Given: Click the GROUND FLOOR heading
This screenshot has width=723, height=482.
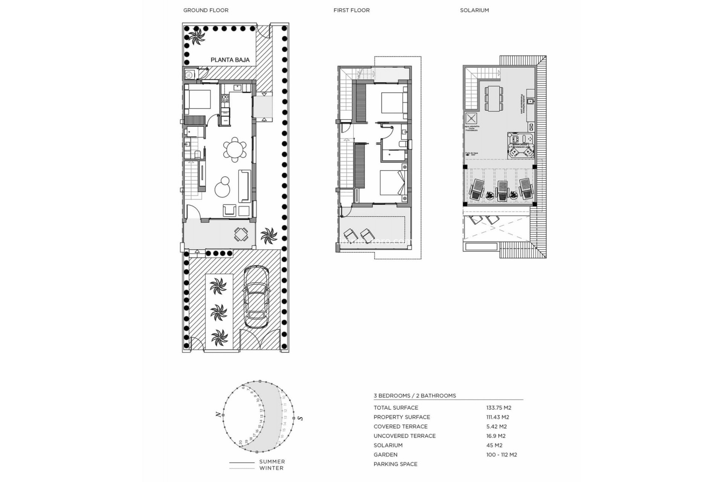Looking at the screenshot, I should coord(206,10).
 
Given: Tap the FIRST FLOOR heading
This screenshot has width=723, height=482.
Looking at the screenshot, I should coord(351,10).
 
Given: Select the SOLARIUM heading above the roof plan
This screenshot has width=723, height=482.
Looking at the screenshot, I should coord(474,10).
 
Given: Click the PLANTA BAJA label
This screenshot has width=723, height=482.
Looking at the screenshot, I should coord(230,60).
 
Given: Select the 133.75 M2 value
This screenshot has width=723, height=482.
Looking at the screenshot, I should coord(499,408).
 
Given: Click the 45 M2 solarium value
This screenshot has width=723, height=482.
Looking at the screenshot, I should coord(494,445).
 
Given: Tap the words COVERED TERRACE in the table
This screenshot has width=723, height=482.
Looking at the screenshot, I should coord(400,427).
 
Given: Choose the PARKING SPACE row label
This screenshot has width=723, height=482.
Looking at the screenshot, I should coord(395,464).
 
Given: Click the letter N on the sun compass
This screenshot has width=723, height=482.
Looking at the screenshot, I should coord(218,415).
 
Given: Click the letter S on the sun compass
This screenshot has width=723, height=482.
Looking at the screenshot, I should coord(300,418).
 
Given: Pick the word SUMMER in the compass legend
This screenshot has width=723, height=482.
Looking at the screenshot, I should coord(272,462).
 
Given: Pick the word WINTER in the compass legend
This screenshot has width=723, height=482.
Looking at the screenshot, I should coord(271,468).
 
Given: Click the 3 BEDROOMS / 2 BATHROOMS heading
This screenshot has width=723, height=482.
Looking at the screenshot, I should coord(415,396).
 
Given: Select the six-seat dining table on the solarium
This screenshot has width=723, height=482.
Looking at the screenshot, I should coord(494,98).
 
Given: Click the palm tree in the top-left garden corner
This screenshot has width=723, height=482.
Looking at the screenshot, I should coord(196,37).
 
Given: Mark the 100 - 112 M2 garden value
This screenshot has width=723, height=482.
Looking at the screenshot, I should coord(501,455).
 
